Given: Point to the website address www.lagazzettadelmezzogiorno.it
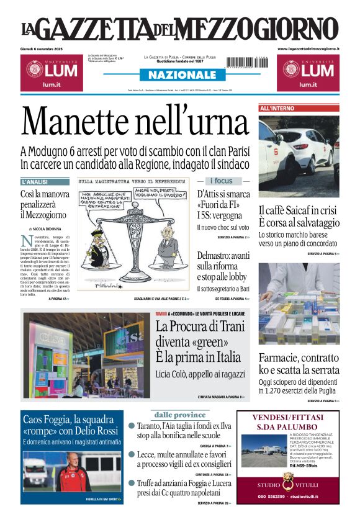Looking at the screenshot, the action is click(x=308, y=48).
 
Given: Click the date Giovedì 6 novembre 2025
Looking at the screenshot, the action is click(x=47, y=48).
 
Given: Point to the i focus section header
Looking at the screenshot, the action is click(x=222, y=181).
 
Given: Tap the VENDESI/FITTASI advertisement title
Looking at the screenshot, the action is click(x=287, y=422).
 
